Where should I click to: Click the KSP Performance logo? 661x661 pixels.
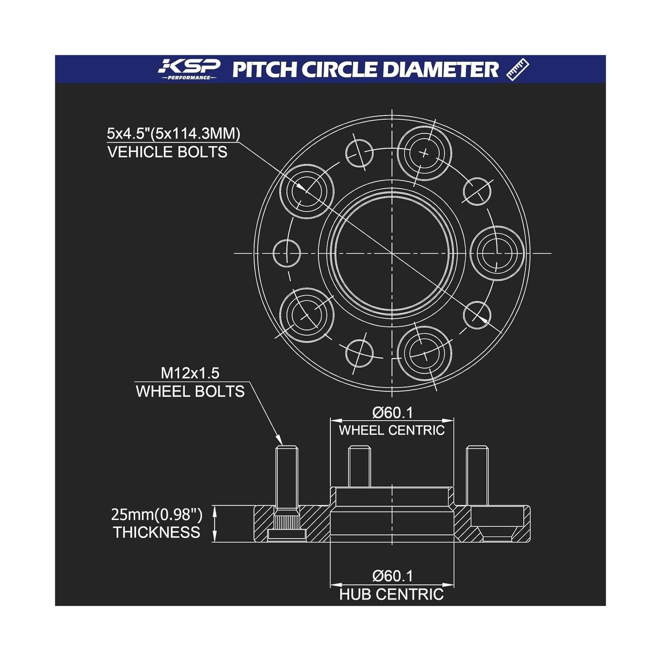(190, 69)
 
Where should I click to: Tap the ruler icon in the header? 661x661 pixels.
(518, 69)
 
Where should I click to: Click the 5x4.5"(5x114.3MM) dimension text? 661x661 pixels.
(174, 133)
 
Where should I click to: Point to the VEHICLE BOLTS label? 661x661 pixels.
(167, 152)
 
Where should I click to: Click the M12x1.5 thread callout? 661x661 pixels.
(190, 373)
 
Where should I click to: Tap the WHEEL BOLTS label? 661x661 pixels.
(190, 392)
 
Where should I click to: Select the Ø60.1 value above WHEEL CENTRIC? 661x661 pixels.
(392, 412)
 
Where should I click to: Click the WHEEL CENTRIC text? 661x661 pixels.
(392, 430)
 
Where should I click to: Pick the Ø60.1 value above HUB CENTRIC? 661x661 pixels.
(392, 576)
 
